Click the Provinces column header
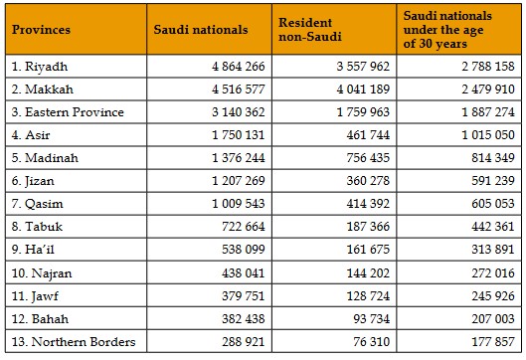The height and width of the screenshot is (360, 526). pyautogui.click(x=41, y=30)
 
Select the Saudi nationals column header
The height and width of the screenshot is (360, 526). pyautogui.click(x=201, y=30)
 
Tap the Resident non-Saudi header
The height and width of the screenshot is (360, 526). pyautogui.click(x=310, y=30)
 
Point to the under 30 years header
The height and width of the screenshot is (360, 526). pyautogui.click(x=447, y=30)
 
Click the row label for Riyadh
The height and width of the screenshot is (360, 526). pyautogui.click(x=40, y=67)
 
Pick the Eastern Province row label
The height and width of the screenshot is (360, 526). pyautogui.click(x=68, y=112)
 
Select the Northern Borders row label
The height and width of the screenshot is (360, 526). pyautogui.click(x=74, y=341)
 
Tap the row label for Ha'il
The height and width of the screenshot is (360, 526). pyautogui.click(x=33, y=250)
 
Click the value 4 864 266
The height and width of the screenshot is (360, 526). pyautogui.click(x=239, y=67)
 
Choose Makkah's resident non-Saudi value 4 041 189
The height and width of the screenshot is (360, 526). pyautogui.click(x=363, y=90)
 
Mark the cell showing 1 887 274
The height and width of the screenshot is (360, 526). pyautogui.click(x=488, y=112)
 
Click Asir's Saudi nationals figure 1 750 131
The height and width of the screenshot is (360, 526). pyautogui.click(x=239, y=135)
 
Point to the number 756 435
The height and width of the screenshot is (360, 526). pyautogui.click(x=368, y=158)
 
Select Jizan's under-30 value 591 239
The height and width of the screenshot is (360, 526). pyautogui.click(x=493, y=181)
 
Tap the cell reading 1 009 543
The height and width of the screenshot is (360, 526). pyautogui.click(x=239, y=204)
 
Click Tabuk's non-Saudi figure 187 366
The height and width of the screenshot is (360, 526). pyautogui.click(x=368, y=227)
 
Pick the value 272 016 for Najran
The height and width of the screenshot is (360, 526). pyautogui.click(x=493, y=273)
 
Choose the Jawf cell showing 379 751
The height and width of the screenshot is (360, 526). pyautogui.click(x=244, y=296)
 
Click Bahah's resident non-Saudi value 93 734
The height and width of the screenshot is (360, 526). pyautogui.click(x=372, y=319)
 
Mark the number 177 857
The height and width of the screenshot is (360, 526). pyautogui.click(x=493, y=341)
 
